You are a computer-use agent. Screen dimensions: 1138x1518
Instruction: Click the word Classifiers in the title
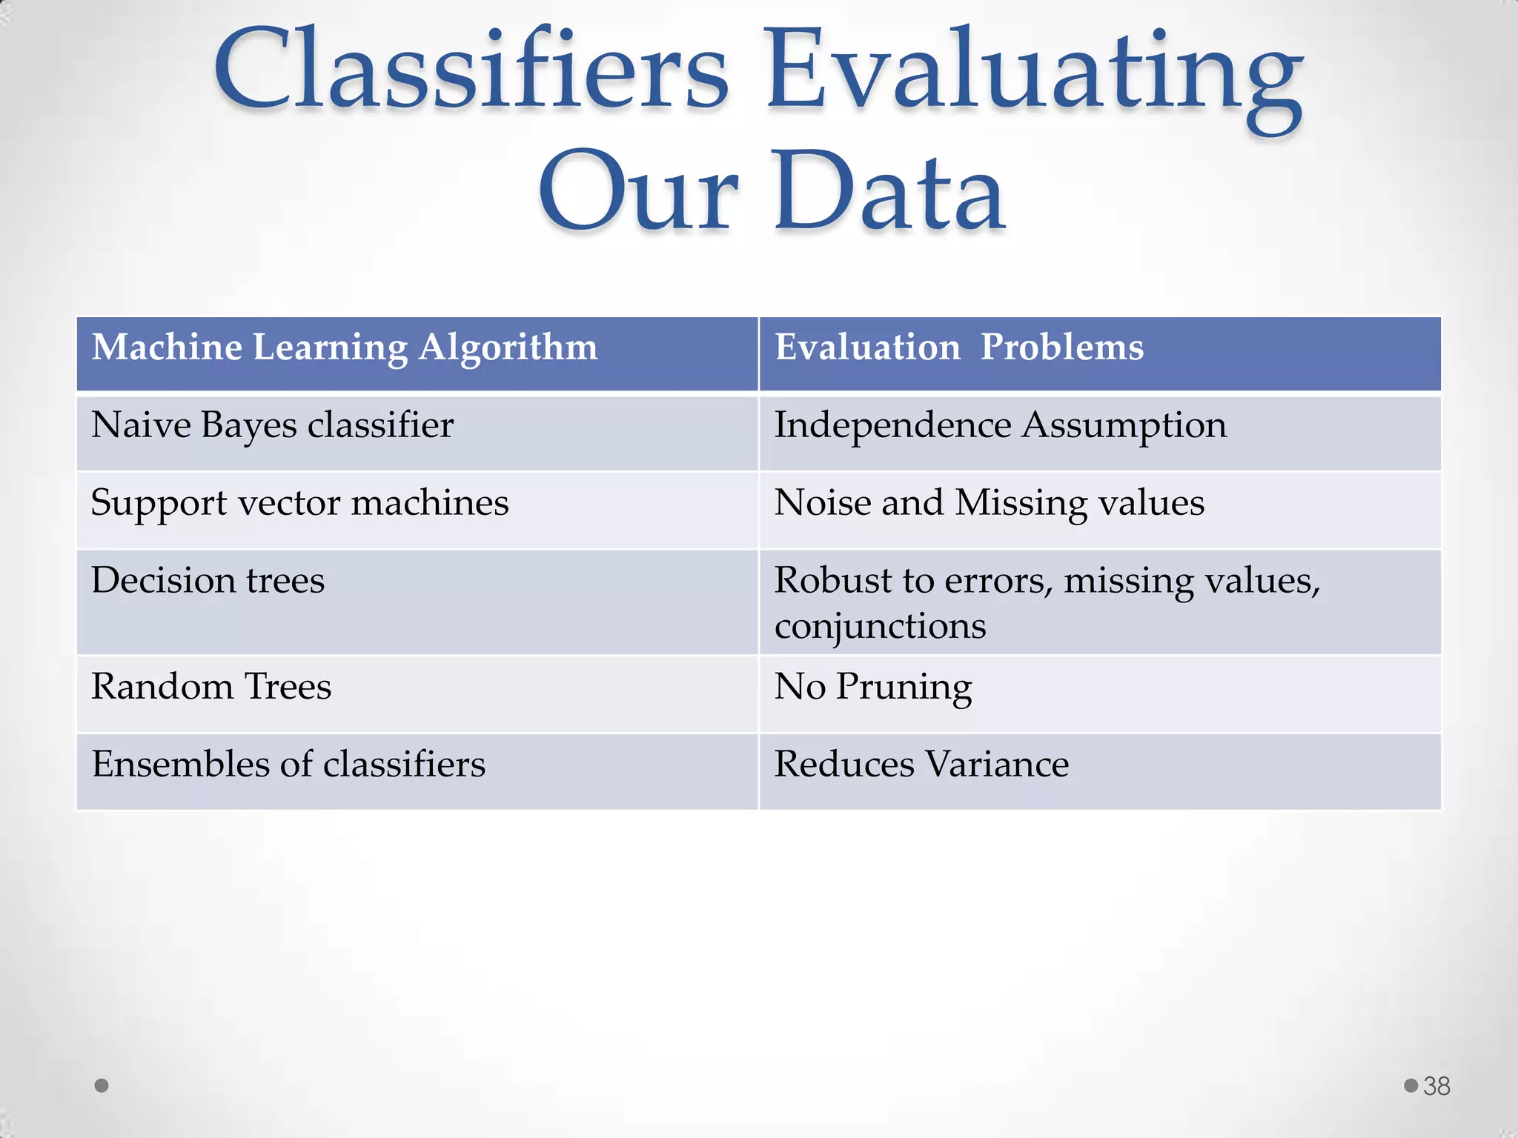click(x=471, y=70)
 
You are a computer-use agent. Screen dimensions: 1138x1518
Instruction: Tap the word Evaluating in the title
click(x=1034, y=74)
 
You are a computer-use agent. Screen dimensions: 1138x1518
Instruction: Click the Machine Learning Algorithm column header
click(x=345, y=347)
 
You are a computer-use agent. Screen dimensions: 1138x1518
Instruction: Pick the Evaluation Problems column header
click(x=959, y=347)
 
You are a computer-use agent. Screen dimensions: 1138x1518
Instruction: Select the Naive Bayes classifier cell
click(x=272, y=426)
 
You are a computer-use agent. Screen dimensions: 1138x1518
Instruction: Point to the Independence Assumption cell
click(x=1001, y=426)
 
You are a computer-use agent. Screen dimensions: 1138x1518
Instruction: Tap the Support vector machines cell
click(x=299, y=503)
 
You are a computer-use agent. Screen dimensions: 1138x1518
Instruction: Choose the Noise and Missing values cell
click(x=990, y=503)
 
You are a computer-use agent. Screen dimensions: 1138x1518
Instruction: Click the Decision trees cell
click(x=208, y=580)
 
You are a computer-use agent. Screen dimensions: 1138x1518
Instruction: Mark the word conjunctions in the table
click(x=881, y=627)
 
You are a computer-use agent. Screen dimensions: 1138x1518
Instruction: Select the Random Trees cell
click(x=211, y=687)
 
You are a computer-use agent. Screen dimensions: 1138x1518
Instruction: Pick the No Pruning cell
click(x=873, y=687)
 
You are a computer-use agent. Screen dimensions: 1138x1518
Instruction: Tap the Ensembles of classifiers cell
click(x=288, y=765)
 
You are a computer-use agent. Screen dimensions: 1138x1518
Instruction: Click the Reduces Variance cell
click(x=921, y=765)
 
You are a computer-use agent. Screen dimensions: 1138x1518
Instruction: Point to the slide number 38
click(x=1436, y=1086)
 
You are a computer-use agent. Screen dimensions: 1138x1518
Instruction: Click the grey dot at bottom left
click(x=102, y=1086)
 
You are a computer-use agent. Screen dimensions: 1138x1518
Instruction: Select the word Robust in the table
click(x=833, y=580)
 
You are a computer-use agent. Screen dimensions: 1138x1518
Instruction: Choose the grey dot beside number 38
click(x=1411, y=1085)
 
